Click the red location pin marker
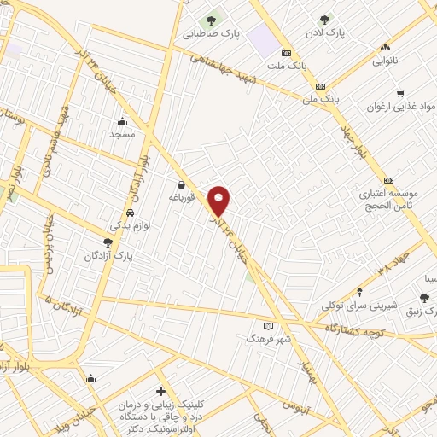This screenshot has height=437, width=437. (x=220, y=201)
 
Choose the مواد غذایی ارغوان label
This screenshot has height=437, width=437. (x=395, y=108)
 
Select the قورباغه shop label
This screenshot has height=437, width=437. (x=181, y=197)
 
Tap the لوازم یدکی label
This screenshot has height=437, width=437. (x=130, y=226)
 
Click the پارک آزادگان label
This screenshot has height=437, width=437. (x=107, y=256)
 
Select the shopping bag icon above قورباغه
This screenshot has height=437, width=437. (x=181, y=184)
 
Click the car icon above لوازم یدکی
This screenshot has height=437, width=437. (x=130, y=213)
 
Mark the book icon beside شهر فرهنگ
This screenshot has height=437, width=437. (x=269, y=326)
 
